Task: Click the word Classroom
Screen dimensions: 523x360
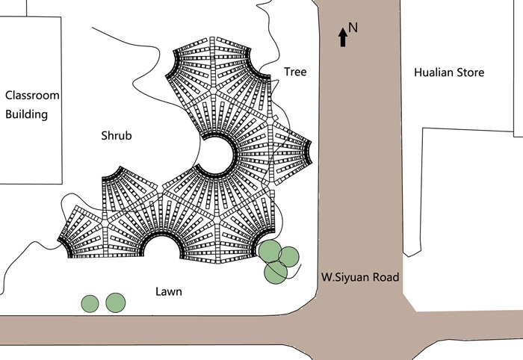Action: point(32,96)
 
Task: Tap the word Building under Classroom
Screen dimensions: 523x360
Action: point(27,114)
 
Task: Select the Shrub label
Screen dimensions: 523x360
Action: point(117,136)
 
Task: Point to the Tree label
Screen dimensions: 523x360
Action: point(295,72)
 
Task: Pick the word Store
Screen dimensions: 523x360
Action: point(470,72)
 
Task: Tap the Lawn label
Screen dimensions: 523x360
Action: point(169,292)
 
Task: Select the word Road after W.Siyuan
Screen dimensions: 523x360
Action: point(386,277)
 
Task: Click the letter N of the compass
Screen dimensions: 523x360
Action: point(353,28)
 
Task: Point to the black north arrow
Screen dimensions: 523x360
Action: point(342,37)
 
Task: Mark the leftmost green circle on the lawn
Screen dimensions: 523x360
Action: point(90,304)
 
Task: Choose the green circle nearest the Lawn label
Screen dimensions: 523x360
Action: point(115,303)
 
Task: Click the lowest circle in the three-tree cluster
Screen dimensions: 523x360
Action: point(276,273)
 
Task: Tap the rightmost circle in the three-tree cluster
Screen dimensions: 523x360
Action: point(288,257)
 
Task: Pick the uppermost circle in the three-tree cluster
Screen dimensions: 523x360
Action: point(270,252)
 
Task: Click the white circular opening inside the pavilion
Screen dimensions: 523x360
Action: point(217,155)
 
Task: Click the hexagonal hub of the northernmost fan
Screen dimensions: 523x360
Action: point(212,90)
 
